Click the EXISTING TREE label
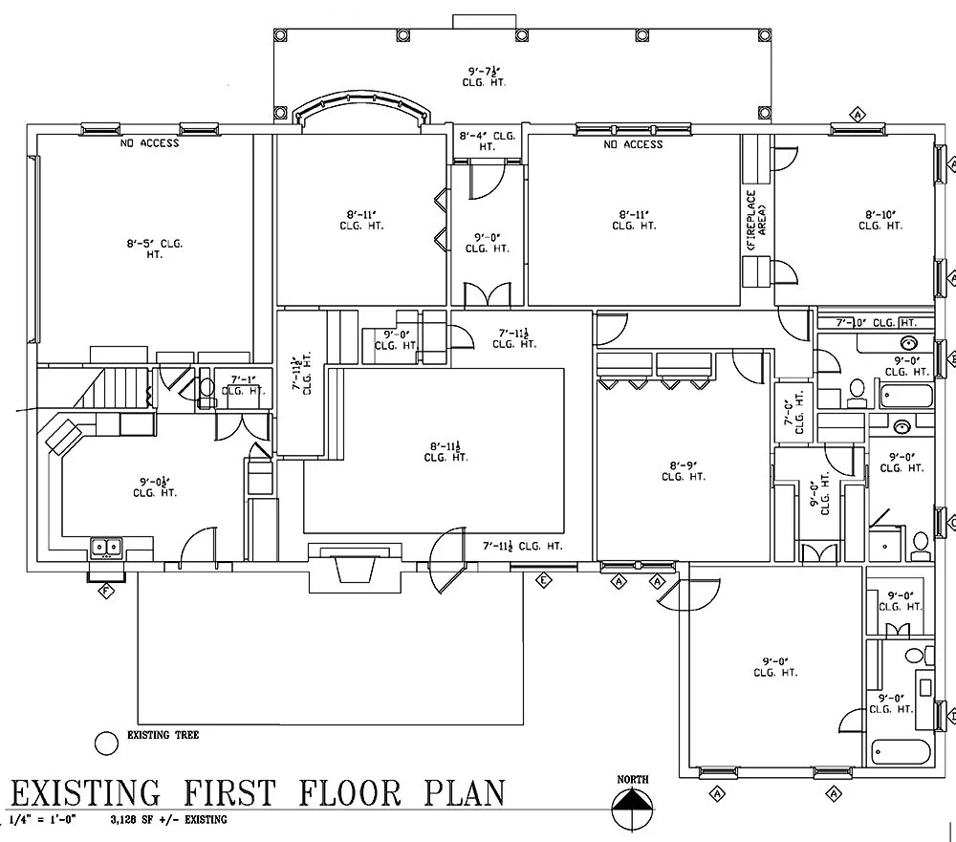pos(163,736)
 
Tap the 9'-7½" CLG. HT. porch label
pos(487,76)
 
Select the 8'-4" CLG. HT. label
pos(487,141)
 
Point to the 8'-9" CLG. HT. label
pos(686,471)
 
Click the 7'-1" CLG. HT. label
pos(242,385)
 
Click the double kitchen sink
pos(106,548)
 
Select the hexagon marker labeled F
pos(107,590)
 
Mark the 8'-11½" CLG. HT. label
pos(447,451)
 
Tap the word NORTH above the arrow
pos(633,780)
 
